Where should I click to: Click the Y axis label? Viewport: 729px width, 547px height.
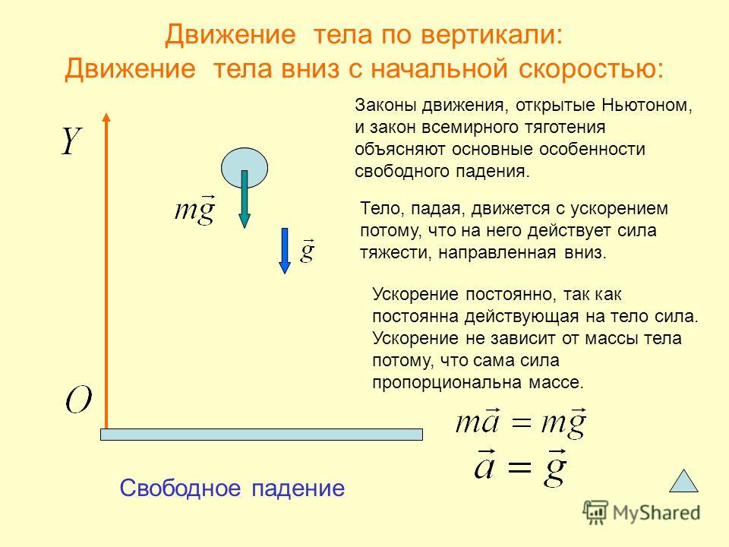click(72, 141)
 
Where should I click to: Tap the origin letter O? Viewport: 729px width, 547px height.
click(78, 400)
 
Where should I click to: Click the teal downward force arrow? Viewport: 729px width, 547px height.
click(245, 199)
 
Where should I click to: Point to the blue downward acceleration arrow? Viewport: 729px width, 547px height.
click(285, 251)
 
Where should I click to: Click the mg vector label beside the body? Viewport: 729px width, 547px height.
click(195, 210)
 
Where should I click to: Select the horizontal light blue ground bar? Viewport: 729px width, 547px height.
click(262, 435)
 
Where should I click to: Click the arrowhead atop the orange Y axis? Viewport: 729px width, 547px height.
click(106, 117)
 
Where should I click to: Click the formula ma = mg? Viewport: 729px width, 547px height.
click(521, 422)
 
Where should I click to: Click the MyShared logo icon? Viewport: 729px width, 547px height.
click(595, 513)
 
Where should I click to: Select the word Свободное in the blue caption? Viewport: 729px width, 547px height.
click(181, 488)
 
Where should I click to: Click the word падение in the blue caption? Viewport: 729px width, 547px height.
click(298, 489)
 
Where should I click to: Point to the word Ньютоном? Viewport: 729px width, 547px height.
click(647, 105)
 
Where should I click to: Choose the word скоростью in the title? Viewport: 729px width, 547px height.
click(591, 69)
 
